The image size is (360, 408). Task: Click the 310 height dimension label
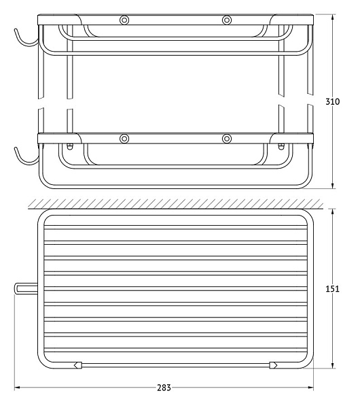click(332, 101)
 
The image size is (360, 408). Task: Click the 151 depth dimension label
click(332, 289)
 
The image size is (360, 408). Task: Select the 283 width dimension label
click(164, 388)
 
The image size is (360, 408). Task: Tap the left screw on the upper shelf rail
click(124, 20)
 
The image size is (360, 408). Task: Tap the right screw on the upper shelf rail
click(227, 20)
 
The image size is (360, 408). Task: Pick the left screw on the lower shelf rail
click(124, 139)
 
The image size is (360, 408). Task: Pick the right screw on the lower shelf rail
click(227, 139)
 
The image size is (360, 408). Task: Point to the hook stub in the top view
click(26, 289)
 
